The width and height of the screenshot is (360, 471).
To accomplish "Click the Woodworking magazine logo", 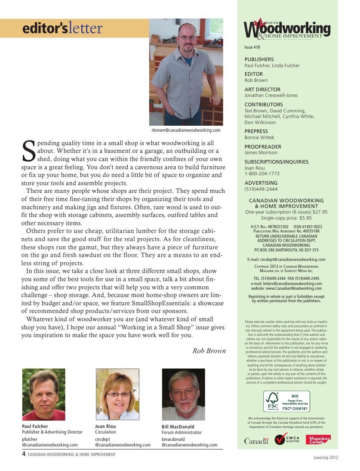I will (287, 29).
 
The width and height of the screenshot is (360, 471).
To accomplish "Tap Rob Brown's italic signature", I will (209, 350).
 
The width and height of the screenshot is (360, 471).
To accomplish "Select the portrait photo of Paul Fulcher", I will (43, 394).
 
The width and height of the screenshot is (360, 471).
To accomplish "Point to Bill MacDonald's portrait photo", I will (183, 394).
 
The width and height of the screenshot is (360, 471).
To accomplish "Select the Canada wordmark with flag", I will (256, 440).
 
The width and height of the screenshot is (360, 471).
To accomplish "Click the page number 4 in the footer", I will (24, 453).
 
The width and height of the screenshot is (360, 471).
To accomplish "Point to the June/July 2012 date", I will (325, 457).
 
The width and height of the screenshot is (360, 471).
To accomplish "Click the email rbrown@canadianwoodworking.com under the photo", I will (186, 130).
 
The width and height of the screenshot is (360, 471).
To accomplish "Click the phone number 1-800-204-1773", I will (262, 174).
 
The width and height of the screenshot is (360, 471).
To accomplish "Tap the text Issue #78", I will (252, 47).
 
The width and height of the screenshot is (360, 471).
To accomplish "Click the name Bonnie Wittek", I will (259, 137).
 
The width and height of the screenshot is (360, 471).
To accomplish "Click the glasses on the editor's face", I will (188, 38).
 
